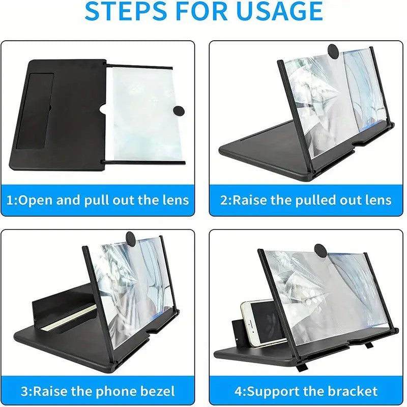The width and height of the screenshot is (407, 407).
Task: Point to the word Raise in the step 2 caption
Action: point(250,199)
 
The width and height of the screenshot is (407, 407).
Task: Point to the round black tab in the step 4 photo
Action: point(322,250)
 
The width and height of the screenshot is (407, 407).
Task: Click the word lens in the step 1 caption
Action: point(175,199)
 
